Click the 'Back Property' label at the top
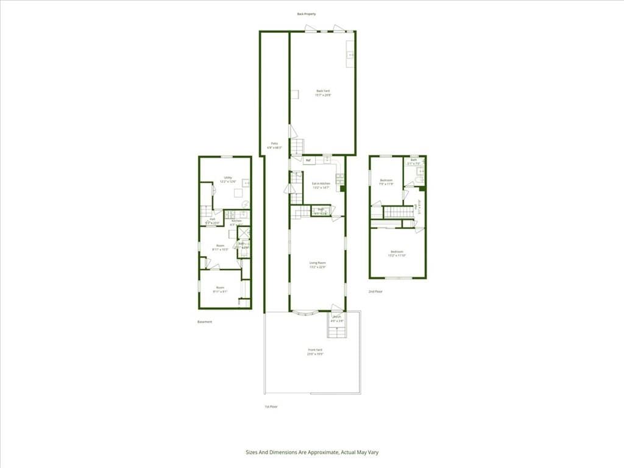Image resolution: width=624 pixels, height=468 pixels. (307, 13)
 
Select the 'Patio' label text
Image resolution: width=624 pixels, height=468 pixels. (275, 145)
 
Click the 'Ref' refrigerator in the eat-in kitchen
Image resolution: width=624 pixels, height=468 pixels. (308, 160)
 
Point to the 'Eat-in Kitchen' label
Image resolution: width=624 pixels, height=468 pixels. (321, 185)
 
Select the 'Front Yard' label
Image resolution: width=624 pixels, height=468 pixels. (314, 352)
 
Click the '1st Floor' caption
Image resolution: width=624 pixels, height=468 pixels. (271, 406)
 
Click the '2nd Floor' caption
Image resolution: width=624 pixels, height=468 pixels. (375, 291)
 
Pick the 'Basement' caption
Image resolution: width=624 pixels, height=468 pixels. (205, 322)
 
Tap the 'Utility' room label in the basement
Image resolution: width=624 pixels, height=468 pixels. (228, 179)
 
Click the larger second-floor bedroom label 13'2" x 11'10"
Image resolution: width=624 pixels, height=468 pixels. (397, 253)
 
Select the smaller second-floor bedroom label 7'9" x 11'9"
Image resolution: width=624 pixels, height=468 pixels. (387, 182)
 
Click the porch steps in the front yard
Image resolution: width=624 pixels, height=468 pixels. (336, 330)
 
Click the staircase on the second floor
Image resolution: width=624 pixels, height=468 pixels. (397, 212)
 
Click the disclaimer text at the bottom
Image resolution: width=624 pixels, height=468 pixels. (312, 452)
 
